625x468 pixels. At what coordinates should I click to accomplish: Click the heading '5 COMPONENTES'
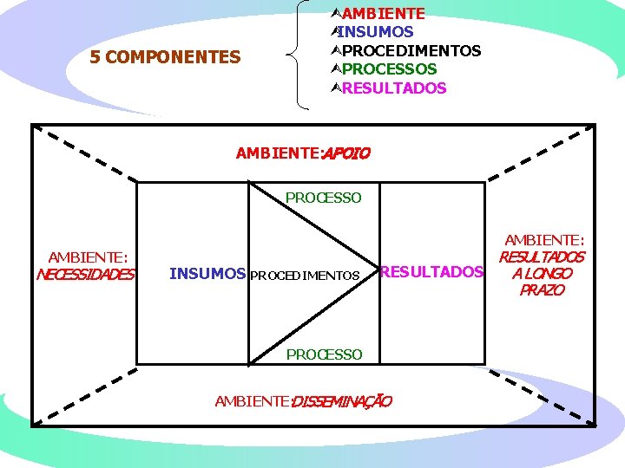[x=166, y=57]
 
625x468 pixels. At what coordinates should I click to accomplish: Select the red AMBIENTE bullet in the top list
[x=383, y=14]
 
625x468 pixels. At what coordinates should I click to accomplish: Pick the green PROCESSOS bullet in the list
[x=390, y=69]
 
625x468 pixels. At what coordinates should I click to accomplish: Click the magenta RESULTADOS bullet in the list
[x=394, y=88]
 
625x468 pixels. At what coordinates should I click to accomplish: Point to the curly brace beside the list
[x=302, y=55]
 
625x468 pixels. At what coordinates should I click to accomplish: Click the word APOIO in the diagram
[x=346, y=154]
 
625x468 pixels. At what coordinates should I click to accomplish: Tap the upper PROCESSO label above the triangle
[x=324, y=198]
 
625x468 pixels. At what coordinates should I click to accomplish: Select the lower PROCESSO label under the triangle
[x=324, y=354]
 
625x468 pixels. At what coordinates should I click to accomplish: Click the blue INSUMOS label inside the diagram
[x=207, y=274]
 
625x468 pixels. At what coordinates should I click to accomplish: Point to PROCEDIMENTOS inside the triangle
[x=305, y=276]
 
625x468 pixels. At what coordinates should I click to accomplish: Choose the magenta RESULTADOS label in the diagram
[x=431, y=272]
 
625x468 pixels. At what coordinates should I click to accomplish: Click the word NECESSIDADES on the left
[x=86, y=276]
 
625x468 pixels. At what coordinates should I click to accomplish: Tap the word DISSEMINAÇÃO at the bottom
[x=341, y=401]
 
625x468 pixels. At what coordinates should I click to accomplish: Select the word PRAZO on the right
[x=542, y=290]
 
